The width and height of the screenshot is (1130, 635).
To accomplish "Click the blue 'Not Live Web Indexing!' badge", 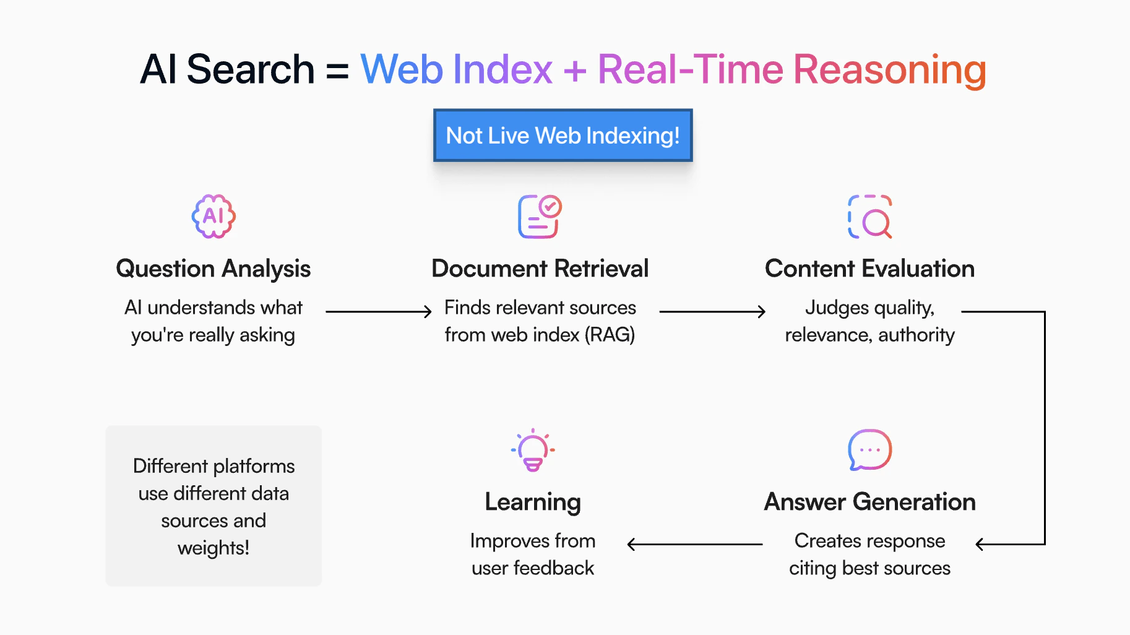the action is point(563,136).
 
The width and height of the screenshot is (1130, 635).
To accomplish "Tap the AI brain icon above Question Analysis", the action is point(213,217).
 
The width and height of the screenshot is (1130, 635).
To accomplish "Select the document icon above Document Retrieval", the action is point(540,217).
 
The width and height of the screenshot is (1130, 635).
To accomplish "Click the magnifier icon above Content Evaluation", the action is point(869,217).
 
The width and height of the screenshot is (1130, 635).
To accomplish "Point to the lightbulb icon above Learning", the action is point(533,450).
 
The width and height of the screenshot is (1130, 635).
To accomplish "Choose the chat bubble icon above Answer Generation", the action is point(869,450).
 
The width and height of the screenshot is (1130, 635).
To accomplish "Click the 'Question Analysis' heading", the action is point(213,269).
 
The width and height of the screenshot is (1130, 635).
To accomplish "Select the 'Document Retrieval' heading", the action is point(540,269).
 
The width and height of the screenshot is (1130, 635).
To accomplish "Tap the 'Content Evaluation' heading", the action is point(869,269).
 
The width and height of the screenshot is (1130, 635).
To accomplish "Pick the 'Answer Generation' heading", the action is point(869,502).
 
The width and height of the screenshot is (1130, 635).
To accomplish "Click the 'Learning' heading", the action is point(533,503).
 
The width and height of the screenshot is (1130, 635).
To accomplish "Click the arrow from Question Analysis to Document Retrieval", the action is point(379,311).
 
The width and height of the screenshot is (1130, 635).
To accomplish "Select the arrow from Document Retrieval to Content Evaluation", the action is point(713,311).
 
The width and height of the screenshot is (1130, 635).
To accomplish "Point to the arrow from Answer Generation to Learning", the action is point(695,545).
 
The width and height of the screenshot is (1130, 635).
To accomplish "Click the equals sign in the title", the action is point(337,70).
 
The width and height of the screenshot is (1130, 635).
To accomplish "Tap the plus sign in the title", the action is point(575,70).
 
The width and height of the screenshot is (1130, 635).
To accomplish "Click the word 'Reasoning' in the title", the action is point(890,70).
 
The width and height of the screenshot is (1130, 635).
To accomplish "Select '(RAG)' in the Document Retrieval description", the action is point(611,335).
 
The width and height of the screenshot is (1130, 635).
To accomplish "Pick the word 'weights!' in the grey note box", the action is point(213,548).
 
